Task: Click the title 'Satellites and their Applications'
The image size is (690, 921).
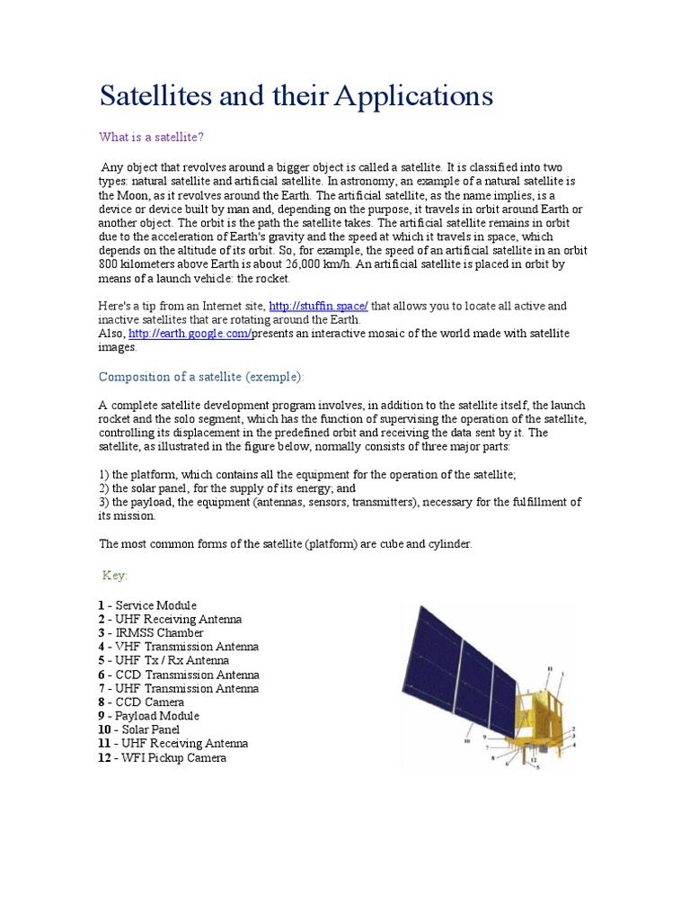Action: click(x=296, y=95)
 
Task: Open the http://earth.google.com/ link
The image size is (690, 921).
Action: click(x=190, y=334)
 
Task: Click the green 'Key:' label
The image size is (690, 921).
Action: click(x=115, y=575)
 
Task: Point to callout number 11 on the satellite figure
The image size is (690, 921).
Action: click(x=550, y=669)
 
